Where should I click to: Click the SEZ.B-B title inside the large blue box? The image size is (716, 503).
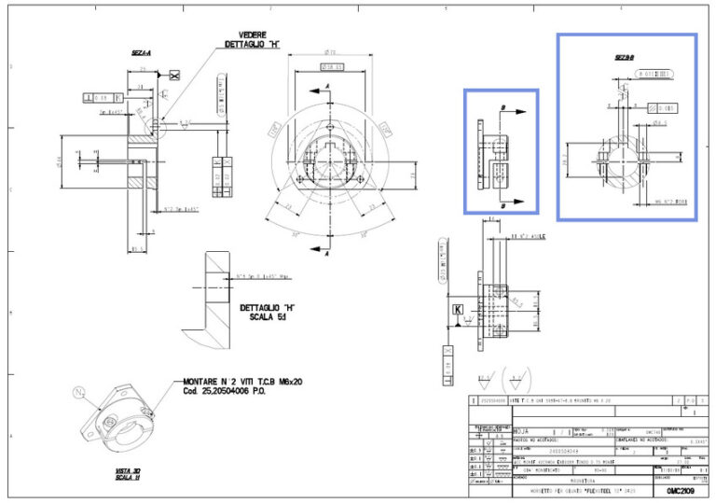pyautogui.click(x=624, y=57)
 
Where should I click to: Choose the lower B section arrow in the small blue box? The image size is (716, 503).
pyautogui.click(x=512, y=202)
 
